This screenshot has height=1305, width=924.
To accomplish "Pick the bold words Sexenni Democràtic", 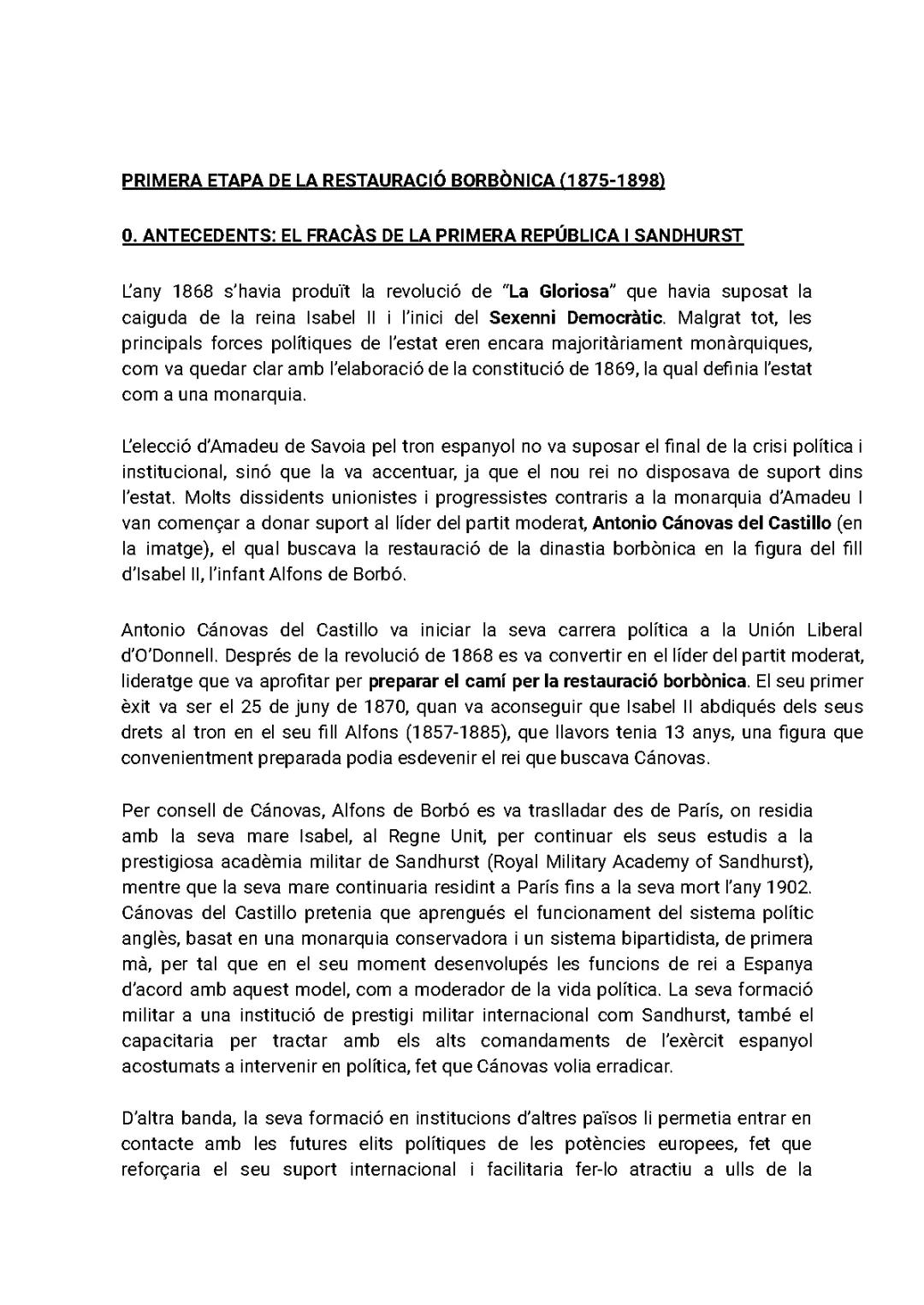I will click(x=577, y=317).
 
